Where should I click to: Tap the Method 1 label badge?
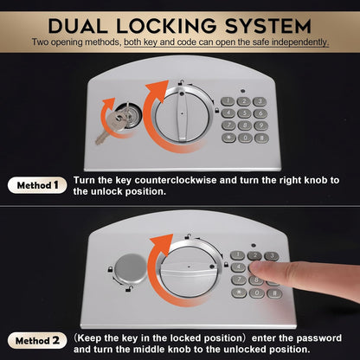(35, 184)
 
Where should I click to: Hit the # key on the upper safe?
(260, 138)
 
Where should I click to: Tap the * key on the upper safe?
(228, 138)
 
